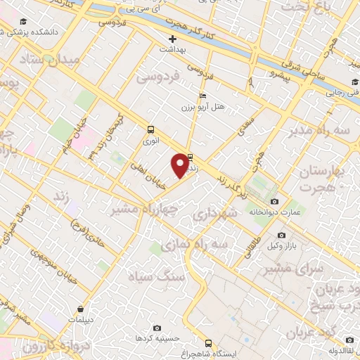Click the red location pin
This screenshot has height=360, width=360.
click(180, 165)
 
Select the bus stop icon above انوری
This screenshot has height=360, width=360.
click(151, 129)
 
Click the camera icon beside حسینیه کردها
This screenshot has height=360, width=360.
click(156, 328)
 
